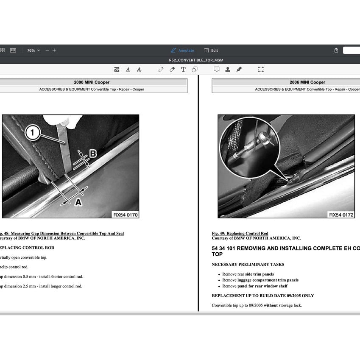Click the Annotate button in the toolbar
(182, 50)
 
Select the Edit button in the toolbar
(211, 50)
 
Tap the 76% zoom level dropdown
(33, 50)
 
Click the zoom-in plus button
(54, 50)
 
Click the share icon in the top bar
(336, 50)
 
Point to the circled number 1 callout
(33, 133)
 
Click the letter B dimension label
(92, 153)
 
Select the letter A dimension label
(78, 203)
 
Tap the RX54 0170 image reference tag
(125, 215)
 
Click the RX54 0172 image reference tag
(341, 215)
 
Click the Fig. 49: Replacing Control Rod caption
(240, 234)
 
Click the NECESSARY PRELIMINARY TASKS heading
(248, 265)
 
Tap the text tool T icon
(183, 70)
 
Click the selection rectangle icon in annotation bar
(261, 70)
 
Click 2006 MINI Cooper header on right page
(307, 82)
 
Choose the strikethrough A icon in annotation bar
(139, 70)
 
